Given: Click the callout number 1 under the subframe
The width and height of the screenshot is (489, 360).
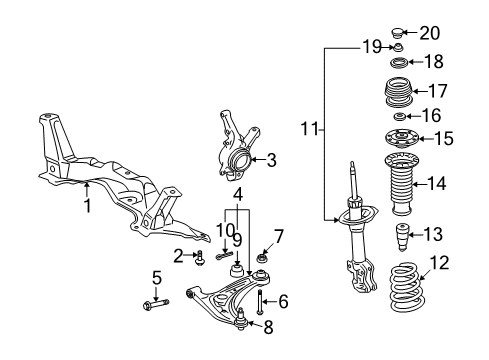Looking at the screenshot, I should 87,206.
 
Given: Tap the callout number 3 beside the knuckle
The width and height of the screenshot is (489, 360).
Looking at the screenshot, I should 272,158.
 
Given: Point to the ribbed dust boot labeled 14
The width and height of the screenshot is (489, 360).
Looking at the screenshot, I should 398,184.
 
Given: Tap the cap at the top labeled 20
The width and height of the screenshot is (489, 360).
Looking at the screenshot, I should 398,31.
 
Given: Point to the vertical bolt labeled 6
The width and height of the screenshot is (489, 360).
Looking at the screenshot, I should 260,300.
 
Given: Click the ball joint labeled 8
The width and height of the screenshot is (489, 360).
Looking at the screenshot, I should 241,318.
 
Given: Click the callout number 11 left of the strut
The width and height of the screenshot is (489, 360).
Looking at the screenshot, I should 312,129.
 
